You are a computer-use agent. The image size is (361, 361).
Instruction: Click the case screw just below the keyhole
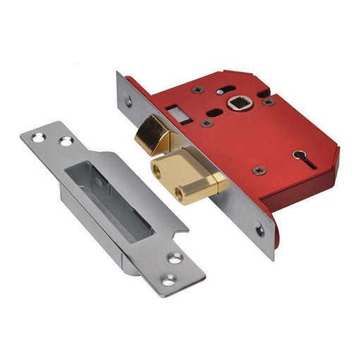point(259,170)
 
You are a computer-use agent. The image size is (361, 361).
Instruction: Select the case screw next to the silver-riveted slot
point(196,90)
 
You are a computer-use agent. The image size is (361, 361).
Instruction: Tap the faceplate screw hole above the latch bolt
point(128,101)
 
